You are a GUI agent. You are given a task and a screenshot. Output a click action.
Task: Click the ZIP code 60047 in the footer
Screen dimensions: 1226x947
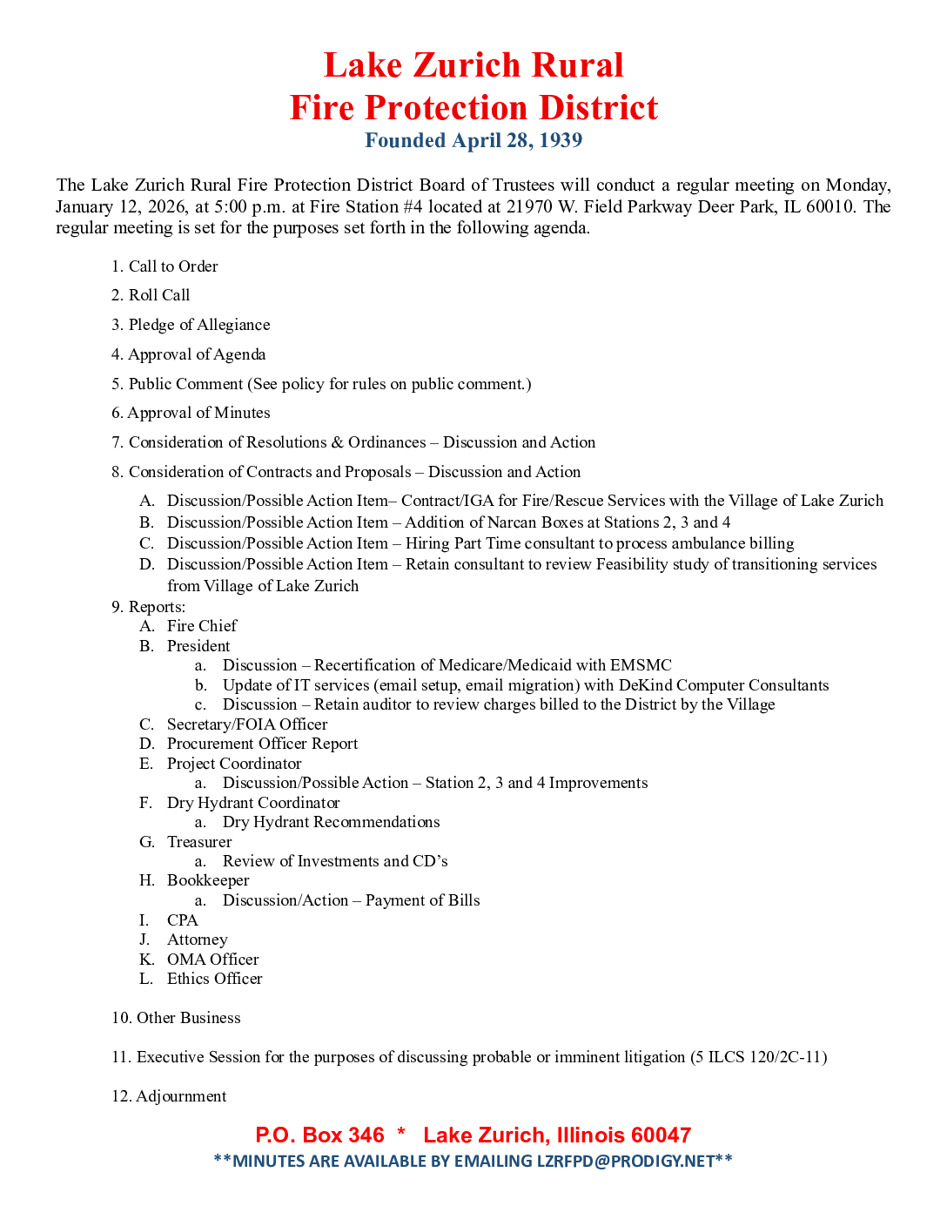click(661, 1135)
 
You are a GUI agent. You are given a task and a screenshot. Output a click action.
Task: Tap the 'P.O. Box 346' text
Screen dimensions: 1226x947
click(319, 1135)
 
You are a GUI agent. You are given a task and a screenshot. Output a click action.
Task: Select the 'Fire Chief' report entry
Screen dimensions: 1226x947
click(202, 626)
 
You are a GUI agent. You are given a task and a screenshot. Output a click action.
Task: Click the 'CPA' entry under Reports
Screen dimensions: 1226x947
click(183, 920)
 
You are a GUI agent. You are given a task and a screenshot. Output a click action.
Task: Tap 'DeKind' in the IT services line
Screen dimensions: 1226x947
click(645, 685)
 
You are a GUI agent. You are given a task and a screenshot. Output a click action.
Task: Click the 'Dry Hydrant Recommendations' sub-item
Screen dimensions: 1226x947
click(331, 822)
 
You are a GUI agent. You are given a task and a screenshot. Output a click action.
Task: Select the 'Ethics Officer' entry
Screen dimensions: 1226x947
click(214, 979)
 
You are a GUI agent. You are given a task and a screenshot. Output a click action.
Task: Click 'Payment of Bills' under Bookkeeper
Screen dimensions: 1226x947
click(422, 900)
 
